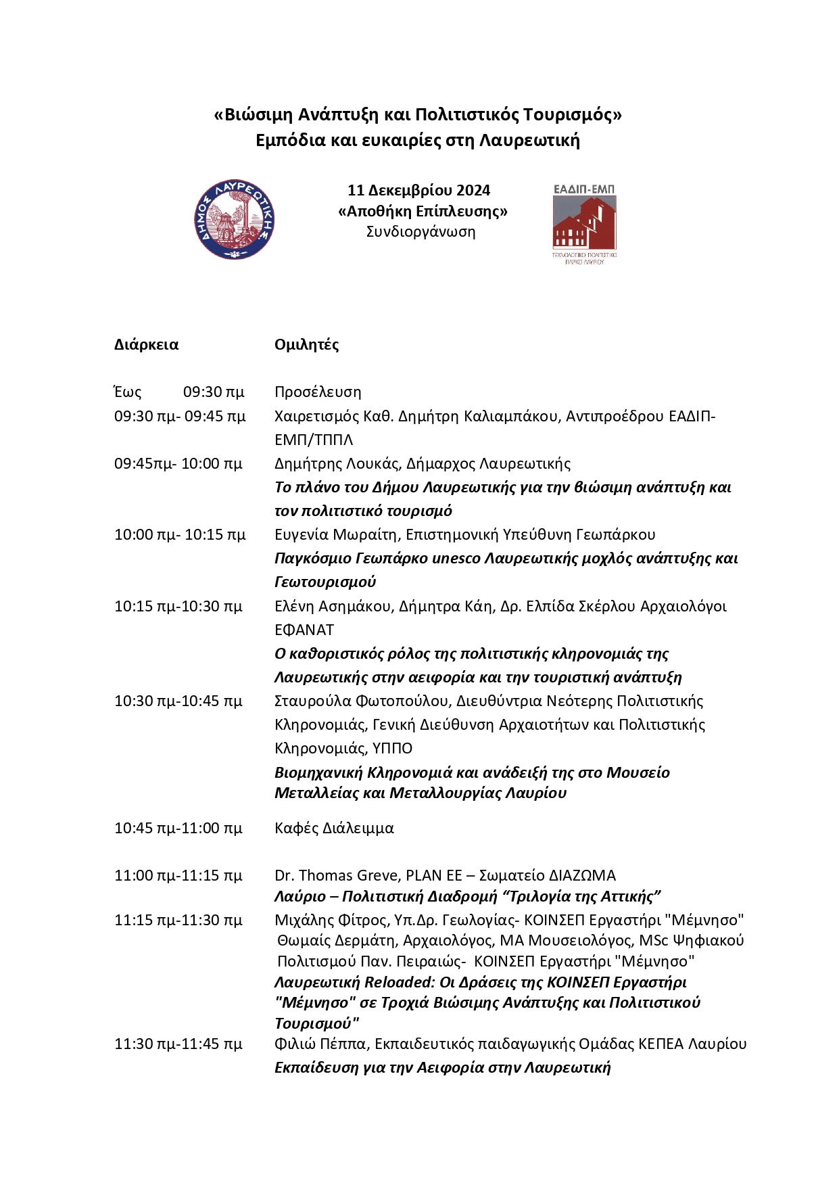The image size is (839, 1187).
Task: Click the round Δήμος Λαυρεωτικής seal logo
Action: pos(235,219)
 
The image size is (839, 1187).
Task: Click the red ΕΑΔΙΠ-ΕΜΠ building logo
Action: pos(585,223)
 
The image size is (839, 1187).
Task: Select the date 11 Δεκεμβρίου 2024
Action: pos(418,190)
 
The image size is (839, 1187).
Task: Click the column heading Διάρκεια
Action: pos(146,344)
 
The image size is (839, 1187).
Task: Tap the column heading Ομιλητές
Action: pos(306,344)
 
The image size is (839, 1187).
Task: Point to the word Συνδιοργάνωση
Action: pos(421,231)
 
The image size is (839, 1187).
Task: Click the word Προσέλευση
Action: pos(318,392)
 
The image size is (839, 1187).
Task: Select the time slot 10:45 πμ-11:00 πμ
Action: pos(178,828)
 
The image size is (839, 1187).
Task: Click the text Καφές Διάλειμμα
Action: pos(334,828)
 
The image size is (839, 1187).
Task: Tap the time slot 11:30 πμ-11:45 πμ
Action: pos(178,1044)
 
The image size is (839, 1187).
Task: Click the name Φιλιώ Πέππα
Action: pos(321,1044)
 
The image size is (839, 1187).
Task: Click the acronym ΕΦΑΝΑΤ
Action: pos(304,630)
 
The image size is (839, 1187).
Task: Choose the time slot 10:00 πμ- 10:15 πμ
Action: pos(179,534)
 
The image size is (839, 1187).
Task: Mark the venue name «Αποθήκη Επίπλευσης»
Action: pos(423,211)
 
